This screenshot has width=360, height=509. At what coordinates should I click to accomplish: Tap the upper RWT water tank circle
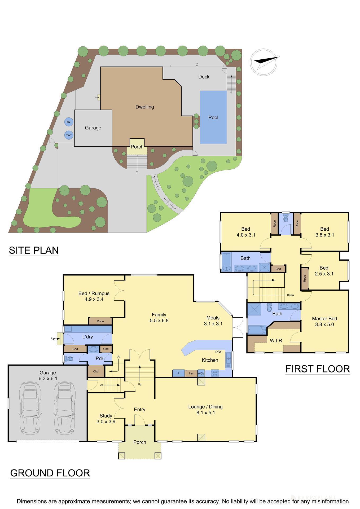(x=69, y=122)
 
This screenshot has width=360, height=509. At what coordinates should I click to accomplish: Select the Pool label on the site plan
(x=213, y=117)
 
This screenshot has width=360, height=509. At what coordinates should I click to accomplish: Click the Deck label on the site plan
(x=204, y=77)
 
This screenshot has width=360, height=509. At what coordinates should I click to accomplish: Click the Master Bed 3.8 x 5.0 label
(x=324, y=321)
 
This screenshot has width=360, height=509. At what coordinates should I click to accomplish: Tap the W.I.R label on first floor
(x=276, y=340)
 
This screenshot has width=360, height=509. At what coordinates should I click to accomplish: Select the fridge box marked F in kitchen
(x=178, y=373)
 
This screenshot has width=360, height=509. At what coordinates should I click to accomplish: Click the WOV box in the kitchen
(x=201, y=373)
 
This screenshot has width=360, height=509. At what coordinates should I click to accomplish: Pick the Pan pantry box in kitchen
(x=191, y=373)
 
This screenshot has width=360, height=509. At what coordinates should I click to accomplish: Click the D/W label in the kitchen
(x=218, y=352)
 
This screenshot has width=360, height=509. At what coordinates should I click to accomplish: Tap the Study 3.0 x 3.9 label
(x=106, y=419)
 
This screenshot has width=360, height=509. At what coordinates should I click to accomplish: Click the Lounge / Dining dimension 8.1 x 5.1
(x=205, y=413)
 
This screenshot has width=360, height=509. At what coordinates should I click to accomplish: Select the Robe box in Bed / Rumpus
(x=100, y=321)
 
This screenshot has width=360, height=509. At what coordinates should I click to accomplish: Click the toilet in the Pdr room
(x=69, y=359)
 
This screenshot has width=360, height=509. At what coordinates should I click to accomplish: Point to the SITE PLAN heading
(x=34, y=250)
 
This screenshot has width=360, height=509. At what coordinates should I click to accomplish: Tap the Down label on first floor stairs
(x=290, y=295)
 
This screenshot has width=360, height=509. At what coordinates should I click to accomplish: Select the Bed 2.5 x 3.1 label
(x=324, y=271)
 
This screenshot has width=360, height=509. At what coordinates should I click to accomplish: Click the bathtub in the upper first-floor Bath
(x=226, y=262)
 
